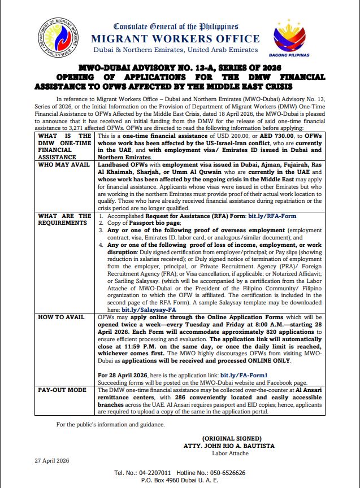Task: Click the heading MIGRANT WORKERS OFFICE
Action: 176,38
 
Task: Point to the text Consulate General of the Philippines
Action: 176,26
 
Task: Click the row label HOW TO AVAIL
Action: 57,317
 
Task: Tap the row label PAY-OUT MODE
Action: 59,390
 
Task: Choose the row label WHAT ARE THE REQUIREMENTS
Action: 64,219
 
